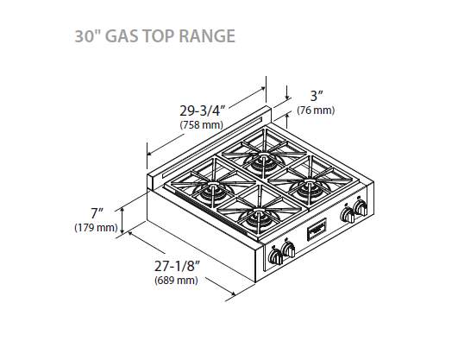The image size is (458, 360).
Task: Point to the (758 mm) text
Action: click(x=201, y=126)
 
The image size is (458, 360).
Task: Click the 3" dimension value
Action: click(x=317, y=96)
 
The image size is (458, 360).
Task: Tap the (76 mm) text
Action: click(x=317, y=111)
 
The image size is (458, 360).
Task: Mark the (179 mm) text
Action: click(x=96, y=228)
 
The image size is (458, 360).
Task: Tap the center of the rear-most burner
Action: click(x=261, y=158)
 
